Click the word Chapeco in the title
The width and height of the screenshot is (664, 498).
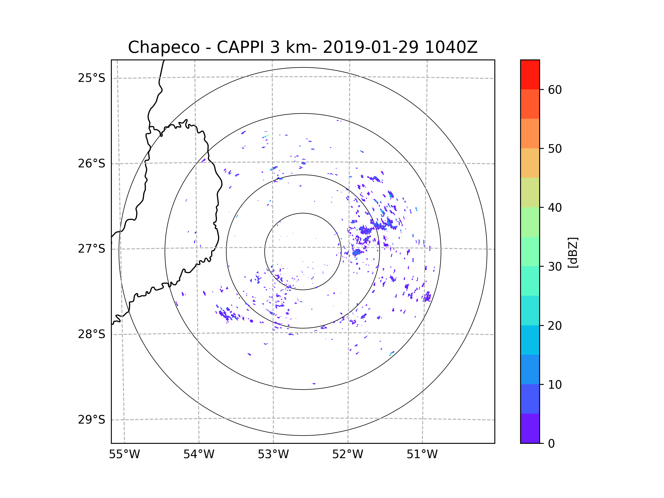pyautogui.click(x=164, y=47)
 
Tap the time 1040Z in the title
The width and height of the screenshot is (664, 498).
pyautogui.click(x=451, y=47)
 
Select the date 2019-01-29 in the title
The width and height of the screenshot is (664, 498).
pyautogui.click(x=370, y=47)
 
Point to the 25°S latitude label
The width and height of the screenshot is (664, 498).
pyautogui.click(x=92, y=78)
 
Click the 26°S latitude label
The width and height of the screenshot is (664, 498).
pyautogui.click(x=92, y=164)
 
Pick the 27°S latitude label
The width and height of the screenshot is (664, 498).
pyautogui.click(x=92, y=249)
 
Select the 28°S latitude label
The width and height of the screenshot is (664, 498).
pyautogui.click(x=92, y=334)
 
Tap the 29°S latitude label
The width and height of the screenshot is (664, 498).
pyautogui.click(x=92, y=420)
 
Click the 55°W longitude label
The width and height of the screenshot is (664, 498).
pyautogui.click(x=124, y=455)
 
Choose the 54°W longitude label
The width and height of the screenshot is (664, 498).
pyautogui.click(x=199, y=455)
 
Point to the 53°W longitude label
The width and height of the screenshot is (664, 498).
pyautogui.click(x=273, y=455)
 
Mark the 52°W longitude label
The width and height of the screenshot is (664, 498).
pyautogui.click(x=347, y=455)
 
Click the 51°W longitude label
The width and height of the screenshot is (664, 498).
pyautogui.click(x=422, y=455)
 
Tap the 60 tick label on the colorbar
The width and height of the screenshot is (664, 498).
pyautogui.click(x=555, y=90)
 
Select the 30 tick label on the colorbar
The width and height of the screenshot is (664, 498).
pyautogui.click(x=555, y=266)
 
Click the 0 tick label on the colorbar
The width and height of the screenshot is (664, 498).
pyautogui.click(x=551, y=444)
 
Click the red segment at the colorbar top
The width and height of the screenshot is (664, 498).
pyautogui.click(x=530, y=74)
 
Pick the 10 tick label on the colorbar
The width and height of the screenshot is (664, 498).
pyautogui.click(x=555, y=385)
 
